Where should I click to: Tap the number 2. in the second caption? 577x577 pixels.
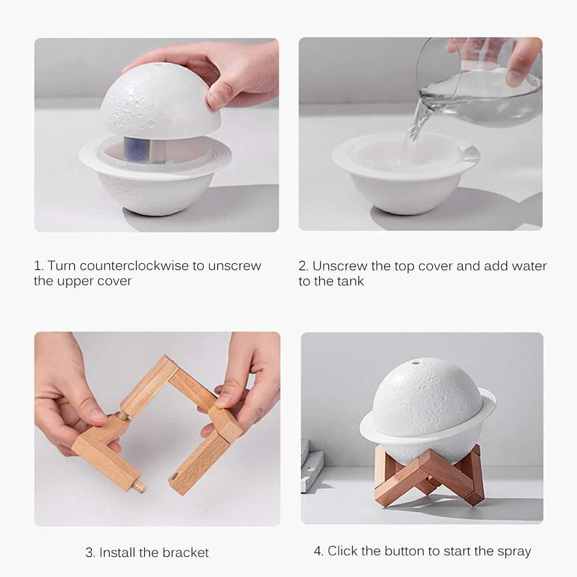304,266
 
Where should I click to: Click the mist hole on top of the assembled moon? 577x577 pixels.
415,363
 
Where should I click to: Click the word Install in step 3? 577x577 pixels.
119,552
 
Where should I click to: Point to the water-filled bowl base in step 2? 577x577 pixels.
404,173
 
